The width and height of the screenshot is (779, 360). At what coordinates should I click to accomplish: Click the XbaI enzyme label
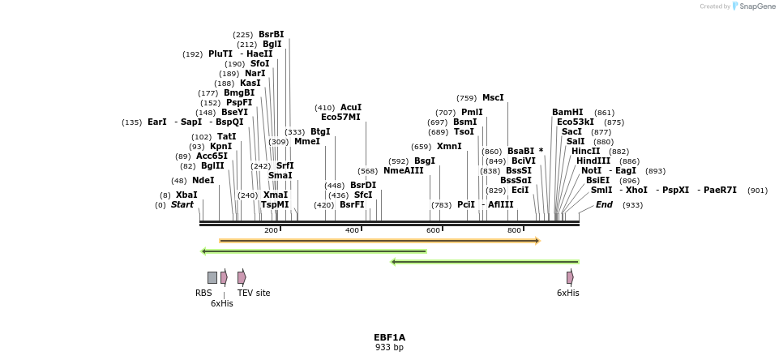[186, 195]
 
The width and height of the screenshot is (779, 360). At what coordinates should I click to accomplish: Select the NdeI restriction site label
[203, 180]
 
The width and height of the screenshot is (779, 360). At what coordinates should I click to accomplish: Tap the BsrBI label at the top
[272, 34]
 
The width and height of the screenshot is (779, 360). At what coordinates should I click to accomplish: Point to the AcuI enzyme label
[351, 107]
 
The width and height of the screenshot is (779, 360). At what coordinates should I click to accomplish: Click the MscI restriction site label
[493, 97]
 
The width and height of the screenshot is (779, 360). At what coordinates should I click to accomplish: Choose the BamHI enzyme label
[567, 112]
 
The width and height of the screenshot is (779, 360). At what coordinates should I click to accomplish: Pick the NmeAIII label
[404, 170]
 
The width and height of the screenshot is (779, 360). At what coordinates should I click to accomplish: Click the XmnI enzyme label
[449, 147]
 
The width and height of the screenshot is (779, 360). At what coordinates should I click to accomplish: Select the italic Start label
[182, 205]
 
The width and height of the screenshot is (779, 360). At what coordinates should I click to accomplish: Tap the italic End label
[605, 205]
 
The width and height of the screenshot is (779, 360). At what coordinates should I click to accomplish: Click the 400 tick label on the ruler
[353, 231]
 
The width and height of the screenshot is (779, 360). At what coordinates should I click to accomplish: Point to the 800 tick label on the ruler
[515, 231]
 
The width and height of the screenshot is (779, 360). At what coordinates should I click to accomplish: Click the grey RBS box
[212, 277]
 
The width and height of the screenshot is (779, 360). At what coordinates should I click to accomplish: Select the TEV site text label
[254, 293]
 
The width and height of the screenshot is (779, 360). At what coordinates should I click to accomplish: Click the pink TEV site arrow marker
[242, 277]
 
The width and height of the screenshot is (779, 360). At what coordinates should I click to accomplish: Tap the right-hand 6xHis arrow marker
[570, 277]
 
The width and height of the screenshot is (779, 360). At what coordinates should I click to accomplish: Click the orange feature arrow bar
[379, 241]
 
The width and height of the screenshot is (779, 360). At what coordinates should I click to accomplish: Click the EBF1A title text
[389, 337]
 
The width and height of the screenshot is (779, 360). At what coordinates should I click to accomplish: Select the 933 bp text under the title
[389, 348]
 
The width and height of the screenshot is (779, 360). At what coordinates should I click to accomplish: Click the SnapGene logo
[754, 6]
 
